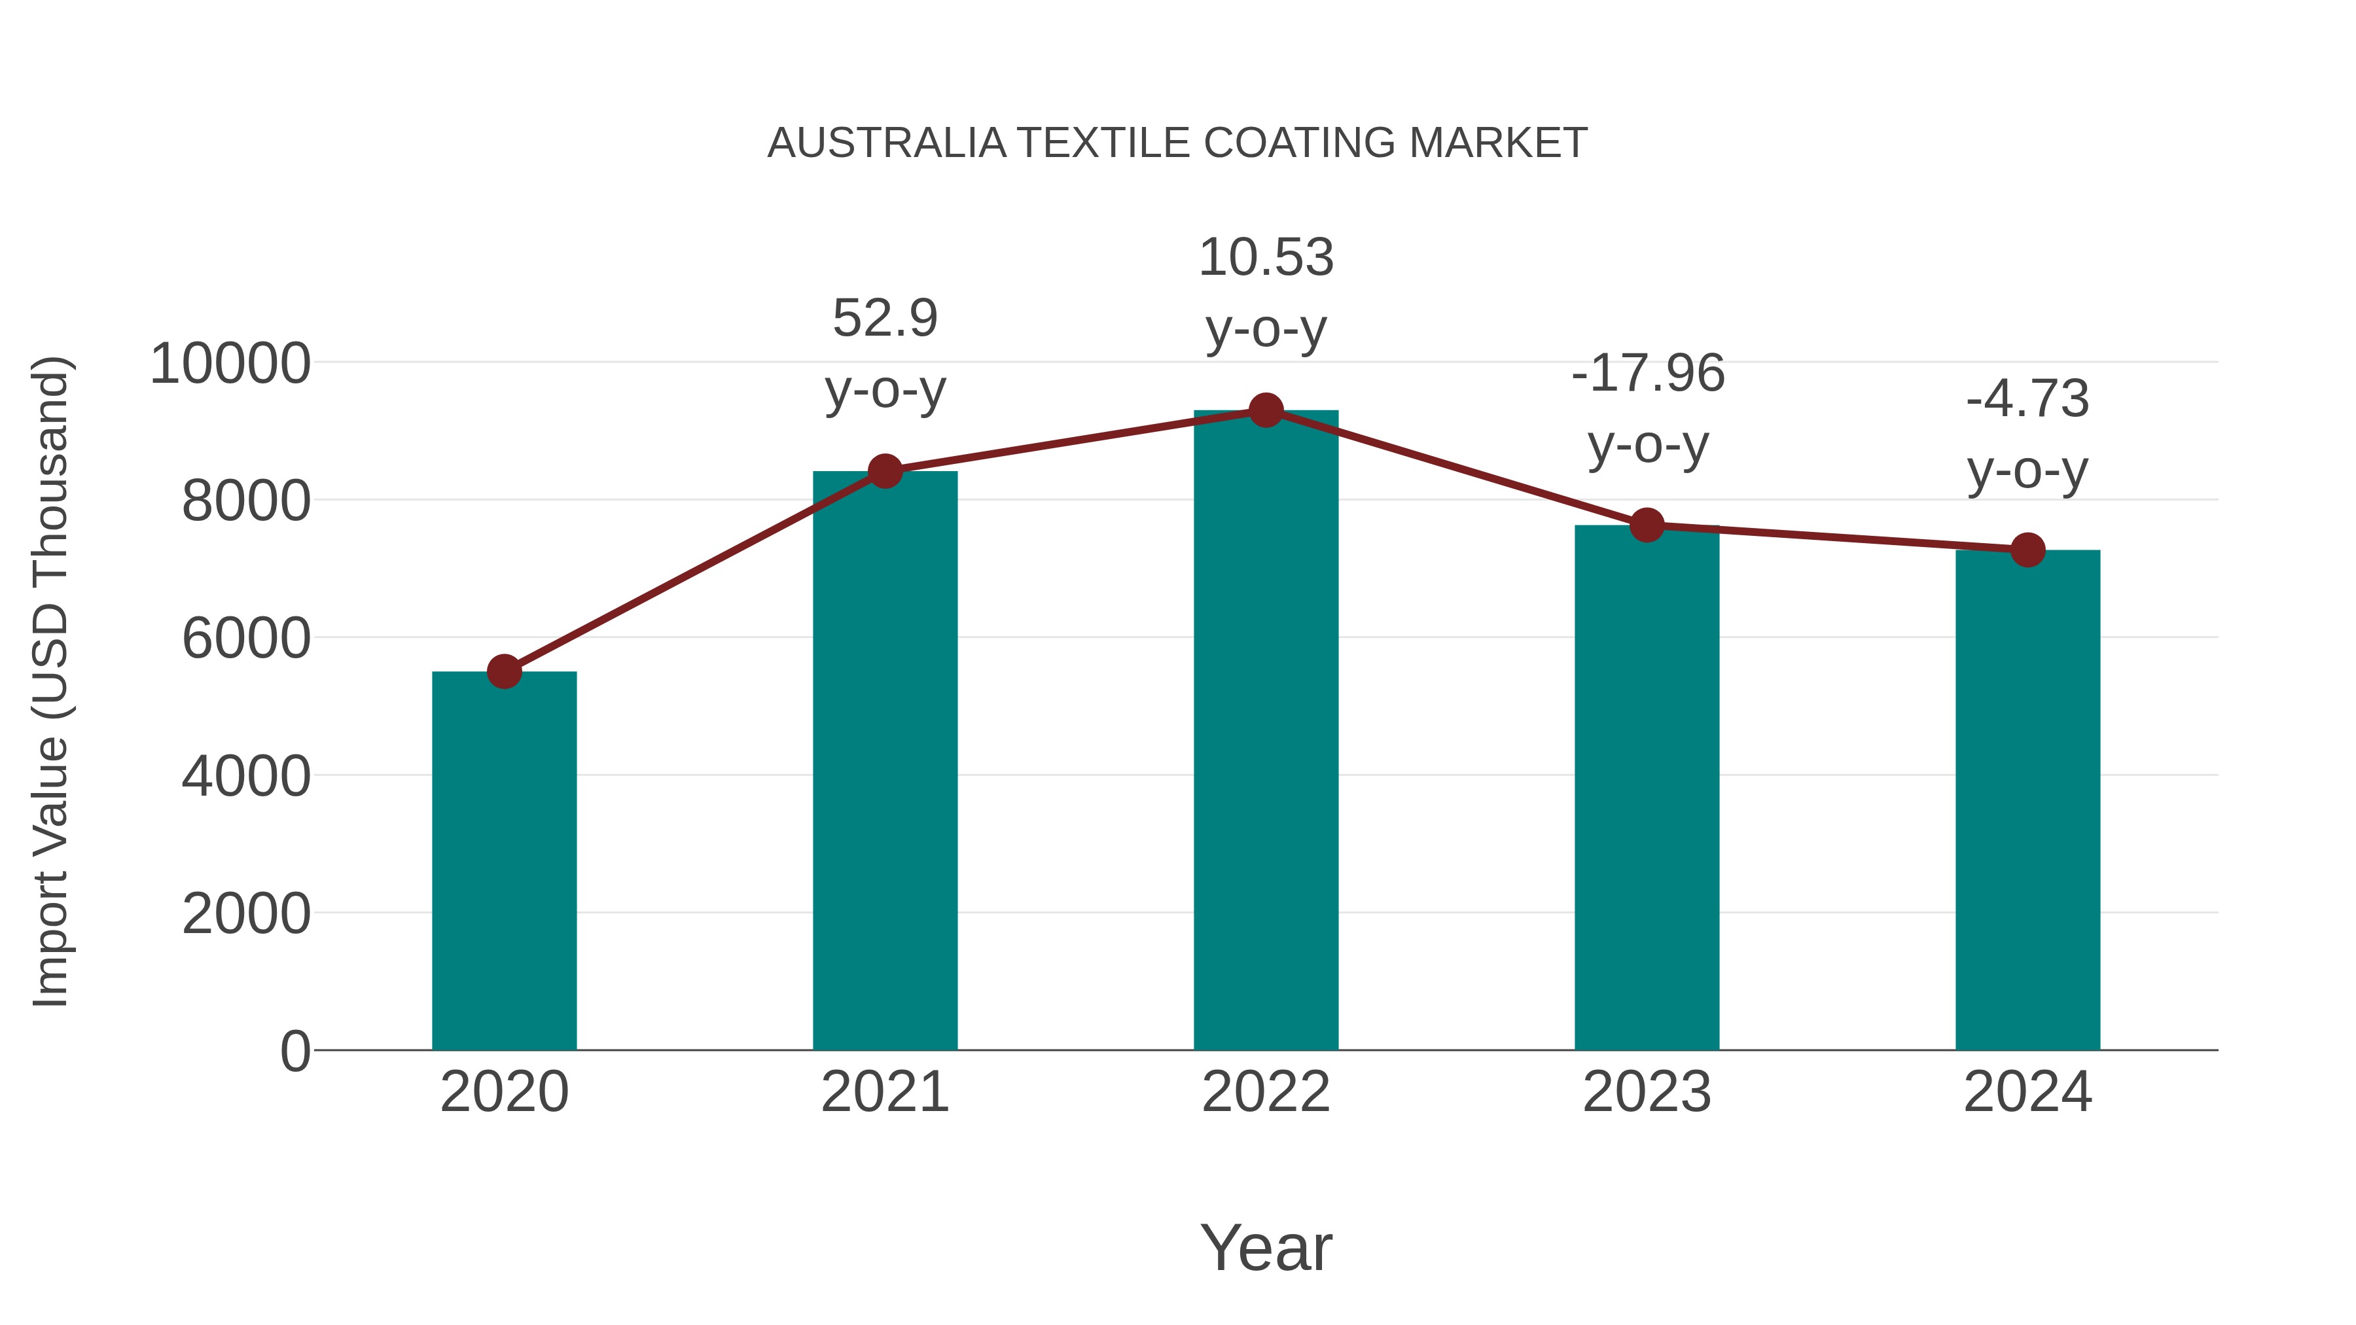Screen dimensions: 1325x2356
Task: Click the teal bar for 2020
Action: tap(504, 860)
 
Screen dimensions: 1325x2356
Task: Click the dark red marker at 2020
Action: tap(504, 672)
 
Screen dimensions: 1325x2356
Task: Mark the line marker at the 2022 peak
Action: tap(1266, 410)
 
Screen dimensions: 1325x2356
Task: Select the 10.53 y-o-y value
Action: tap(1266, 257)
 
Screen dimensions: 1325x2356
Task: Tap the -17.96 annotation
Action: tap(1647, 373)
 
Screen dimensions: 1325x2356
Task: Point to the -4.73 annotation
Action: tap(2027, 398)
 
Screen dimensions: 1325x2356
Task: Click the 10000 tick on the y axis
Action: tap(230, 364)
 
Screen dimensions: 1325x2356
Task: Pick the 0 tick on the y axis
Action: tap(295, 1051)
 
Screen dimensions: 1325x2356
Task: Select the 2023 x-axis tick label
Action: tap(1647, 1092)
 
